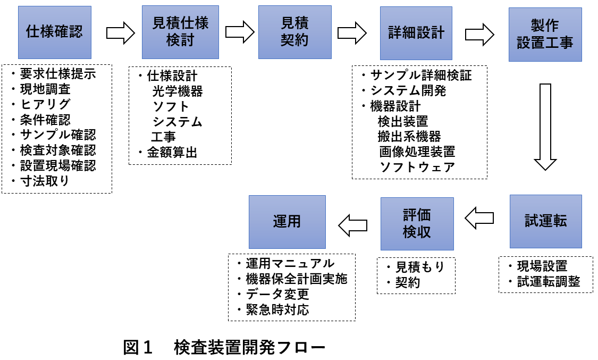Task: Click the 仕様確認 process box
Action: coord(54,32)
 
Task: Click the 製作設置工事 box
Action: coord(545,35)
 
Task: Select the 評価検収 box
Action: coord(417,224)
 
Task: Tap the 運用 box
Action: coord(287,222)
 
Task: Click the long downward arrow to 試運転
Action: coord(545,126)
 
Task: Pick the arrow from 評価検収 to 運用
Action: coord(353,224)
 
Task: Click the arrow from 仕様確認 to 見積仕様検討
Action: coord(121,33)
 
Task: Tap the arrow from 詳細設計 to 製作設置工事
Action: coord(480,35)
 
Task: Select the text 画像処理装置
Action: coord(417,152)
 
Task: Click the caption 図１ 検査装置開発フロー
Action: coord(224,348)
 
